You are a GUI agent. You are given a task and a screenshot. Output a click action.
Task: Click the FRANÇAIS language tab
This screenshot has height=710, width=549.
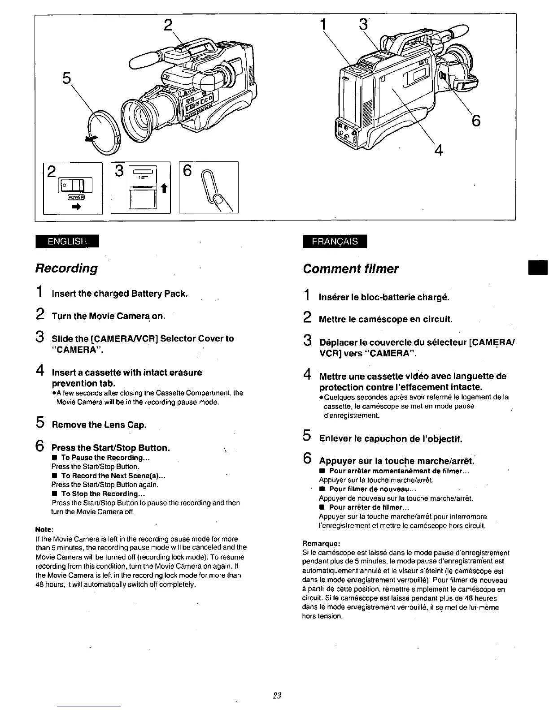pos(335,241)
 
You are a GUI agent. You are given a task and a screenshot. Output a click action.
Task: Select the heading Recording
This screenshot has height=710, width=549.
pos(66,268)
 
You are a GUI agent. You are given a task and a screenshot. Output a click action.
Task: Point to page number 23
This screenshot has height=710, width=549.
pos(276,696)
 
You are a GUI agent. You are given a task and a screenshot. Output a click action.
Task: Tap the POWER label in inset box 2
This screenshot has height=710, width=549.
pos(73,197)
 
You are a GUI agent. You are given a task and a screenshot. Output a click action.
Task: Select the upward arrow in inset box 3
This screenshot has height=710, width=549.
pos(164,190)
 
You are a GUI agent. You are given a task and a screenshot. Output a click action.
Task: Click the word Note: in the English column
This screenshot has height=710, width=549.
pos(45,529)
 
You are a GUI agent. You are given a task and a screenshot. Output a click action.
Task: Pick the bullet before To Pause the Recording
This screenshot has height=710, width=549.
pos(54,458)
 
